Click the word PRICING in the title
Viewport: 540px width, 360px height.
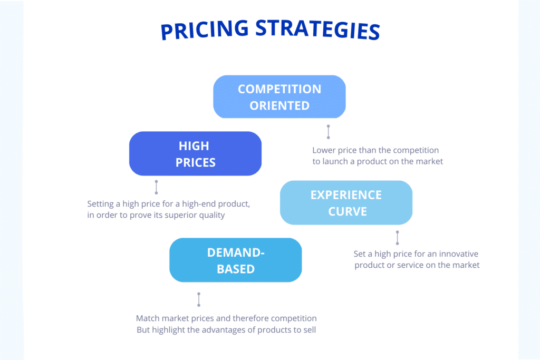[x=203, y=31]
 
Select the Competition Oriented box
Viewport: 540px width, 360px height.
[x=279, y=97]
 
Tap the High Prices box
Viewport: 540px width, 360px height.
[x=195, y=153]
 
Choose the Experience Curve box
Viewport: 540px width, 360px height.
[x=346, y=203]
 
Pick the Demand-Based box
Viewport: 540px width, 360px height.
[x=235, y=260]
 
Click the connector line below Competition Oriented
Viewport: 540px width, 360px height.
[x=328, y=132]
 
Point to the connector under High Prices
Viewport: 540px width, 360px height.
[x=156, y=187]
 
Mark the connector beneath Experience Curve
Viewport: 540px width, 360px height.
[x=397, y=238]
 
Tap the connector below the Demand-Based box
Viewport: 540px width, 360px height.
[x=199, y=299]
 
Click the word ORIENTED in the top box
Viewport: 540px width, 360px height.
[x=279, y=105]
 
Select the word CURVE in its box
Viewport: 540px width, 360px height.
[x=347, y=211]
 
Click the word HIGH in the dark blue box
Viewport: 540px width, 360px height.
[x=194, y=146]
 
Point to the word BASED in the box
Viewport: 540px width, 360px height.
[x=236, y=269]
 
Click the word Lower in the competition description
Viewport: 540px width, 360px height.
[x=324, y=151]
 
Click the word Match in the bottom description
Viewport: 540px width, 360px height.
[x=148, y=318]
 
